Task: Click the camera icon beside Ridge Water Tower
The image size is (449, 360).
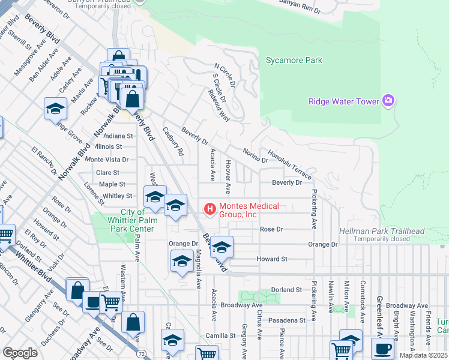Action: coord(388,101)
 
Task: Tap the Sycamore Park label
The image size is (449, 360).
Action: coord(294,60)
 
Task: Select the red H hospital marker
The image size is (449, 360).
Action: coord(210,209)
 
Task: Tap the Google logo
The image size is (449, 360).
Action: coord(20,352)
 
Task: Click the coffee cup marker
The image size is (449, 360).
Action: coord(382,348)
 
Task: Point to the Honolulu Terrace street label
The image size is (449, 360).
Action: coord(289,164)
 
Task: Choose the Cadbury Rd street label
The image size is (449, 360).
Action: coord(172,141)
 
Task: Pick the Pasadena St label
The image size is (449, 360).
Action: coord(286,320)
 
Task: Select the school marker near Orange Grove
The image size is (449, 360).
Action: coord(55,109)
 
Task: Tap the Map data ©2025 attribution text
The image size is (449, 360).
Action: coord(423,355)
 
